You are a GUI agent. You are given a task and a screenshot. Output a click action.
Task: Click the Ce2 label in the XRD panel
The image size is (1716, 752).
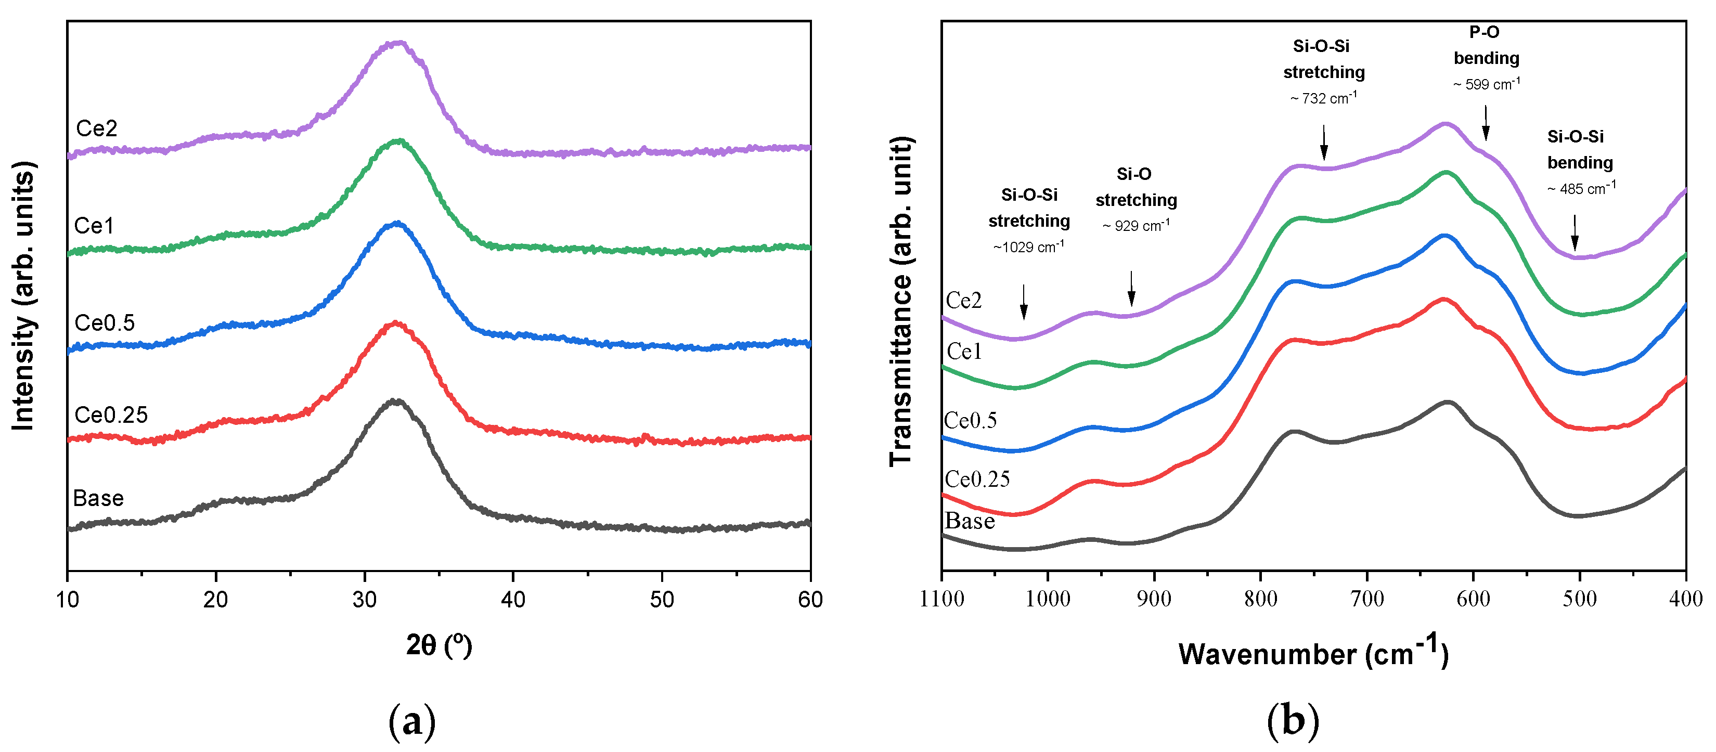97,128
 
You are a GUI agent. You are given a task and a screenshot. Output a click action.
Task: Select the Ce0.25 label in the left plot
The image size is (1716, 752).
111,415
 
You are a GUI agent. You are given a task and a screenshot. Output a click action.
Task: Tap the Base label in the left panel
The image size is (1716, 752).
98,498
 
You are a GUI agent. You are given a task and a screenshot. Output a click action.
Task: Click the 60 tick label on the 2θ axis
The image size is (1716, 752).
809,600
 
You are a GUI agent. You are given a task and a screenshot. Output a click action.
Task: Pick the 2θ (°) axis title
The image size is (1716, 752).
438,645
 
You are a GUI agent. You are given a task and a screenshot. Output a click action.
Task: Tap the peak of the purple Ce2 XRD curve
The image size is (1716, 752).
398,43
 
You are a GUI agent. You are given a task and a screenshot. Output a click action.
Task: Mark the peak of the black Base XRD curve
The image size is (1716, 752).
396,401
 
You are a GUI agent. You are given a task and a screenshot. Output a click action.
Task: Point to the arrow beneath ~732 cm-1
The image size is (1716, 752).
1324,142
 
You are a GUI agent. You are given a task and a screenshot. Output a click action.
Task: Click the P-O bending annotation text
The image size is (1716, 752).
1486,45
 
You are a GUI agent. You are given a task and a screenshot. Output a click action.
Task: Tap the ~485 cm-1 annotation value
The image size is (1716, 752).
1581,188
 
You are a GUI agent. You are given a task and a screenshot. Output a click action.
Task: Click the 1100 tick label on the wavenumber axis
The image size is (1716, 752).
941,599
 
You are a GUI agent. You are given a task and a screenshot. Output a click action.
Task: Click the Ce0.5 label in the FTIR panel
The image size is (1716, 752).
970,420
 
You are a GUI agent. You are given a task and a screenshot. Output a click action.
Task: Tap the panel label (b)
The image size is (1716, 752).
1292,721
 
